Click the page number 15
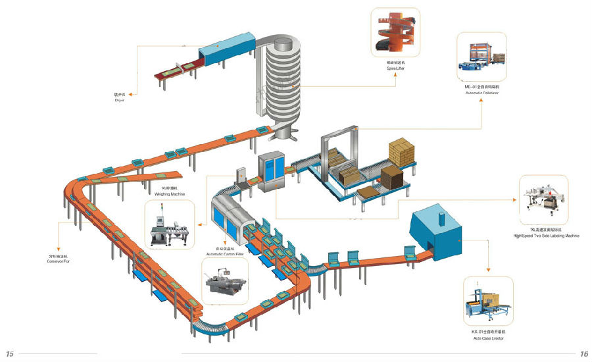9,354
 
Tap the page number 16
583,354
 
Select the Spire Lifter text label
395,67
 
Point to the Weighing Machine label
169,194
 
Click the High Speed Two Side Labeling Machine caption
547,236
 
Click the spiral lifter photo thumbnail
395,32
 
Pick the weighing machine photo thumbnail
169,224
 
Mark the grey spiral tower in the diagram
280,86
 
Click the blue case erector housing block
439,230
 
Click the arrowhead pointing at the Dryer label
131,94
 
